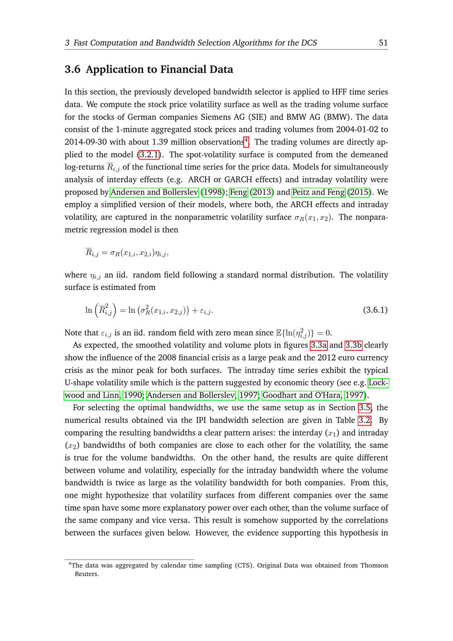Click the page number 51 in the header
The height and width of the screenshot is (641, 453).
pyautogui.click(x=383, y=43)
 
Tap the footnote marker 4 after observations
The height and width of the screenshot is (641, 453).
pyautogui.click(x=246, y=140)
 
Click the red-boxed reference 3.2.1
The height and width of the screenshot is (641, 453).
pyautogui.click(x=149, y=155)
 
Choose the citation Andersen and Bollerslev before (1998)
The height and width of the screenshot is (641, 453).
pyautogui.click(x=154, y=192)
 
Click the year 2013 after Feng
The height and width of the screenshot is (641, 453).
pyautogui.click(x=262, y=192)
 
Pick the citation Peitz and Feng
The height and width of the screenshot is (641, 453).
pyautogui.click(x=318, y=192)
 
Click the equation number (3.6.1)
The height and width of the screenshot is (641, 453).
pyautogui.click(x=375, y=310)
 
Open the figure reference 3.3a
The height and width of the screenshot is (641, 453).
pyautogui.click(x=318, y=345)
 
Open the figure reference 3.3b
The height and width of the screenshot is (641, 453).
pyautogui.click(x=353, y=345)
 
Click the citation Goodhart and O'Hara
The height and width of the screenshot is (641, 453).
pyautogui.click(x=302, y=395)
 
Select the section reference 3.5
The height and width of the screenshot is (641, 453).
pyautogui.click(x=365, y=408)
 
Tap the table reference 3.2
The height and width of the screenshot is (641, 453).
pyautogui.click(x=365, y=420)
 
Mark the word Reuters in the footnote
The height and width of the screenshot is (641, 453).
pyautogui.click(x=87, y=574)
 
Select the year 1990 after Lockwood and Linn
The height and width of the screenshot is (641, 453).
pyautogui.click(x=133, y=395)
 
